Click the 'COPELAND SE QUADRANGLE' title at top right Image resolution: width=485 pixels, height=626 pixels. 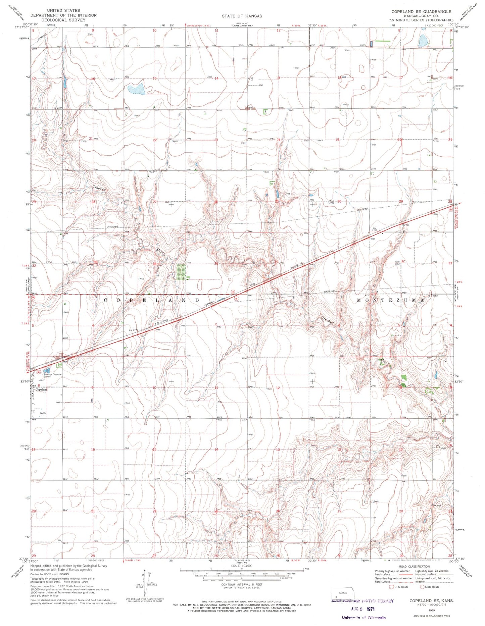pyautogui.click(x=421, y=11)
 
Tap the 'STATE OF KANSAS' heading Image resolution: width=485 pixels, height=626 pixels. pyautogui.click(x=242, y=16)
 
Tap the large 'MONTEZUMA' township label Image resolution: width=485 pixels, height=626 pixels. pyautogui.click(x=390, y=300)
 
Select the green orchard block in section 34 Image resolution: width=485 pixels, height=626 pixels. pyautogui.click(x=181, y=272)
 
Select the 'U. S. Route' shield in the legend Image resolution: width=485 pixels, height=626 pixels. pyautogui.click(x=391, y=587)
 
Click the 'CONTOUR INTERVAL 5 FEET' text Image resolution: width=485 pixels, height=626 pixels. pyautogui.click(x=242, y=584)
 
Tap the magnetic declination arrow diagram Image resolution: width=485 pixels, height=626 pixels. pyautogui.click(x=145, y=583)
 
